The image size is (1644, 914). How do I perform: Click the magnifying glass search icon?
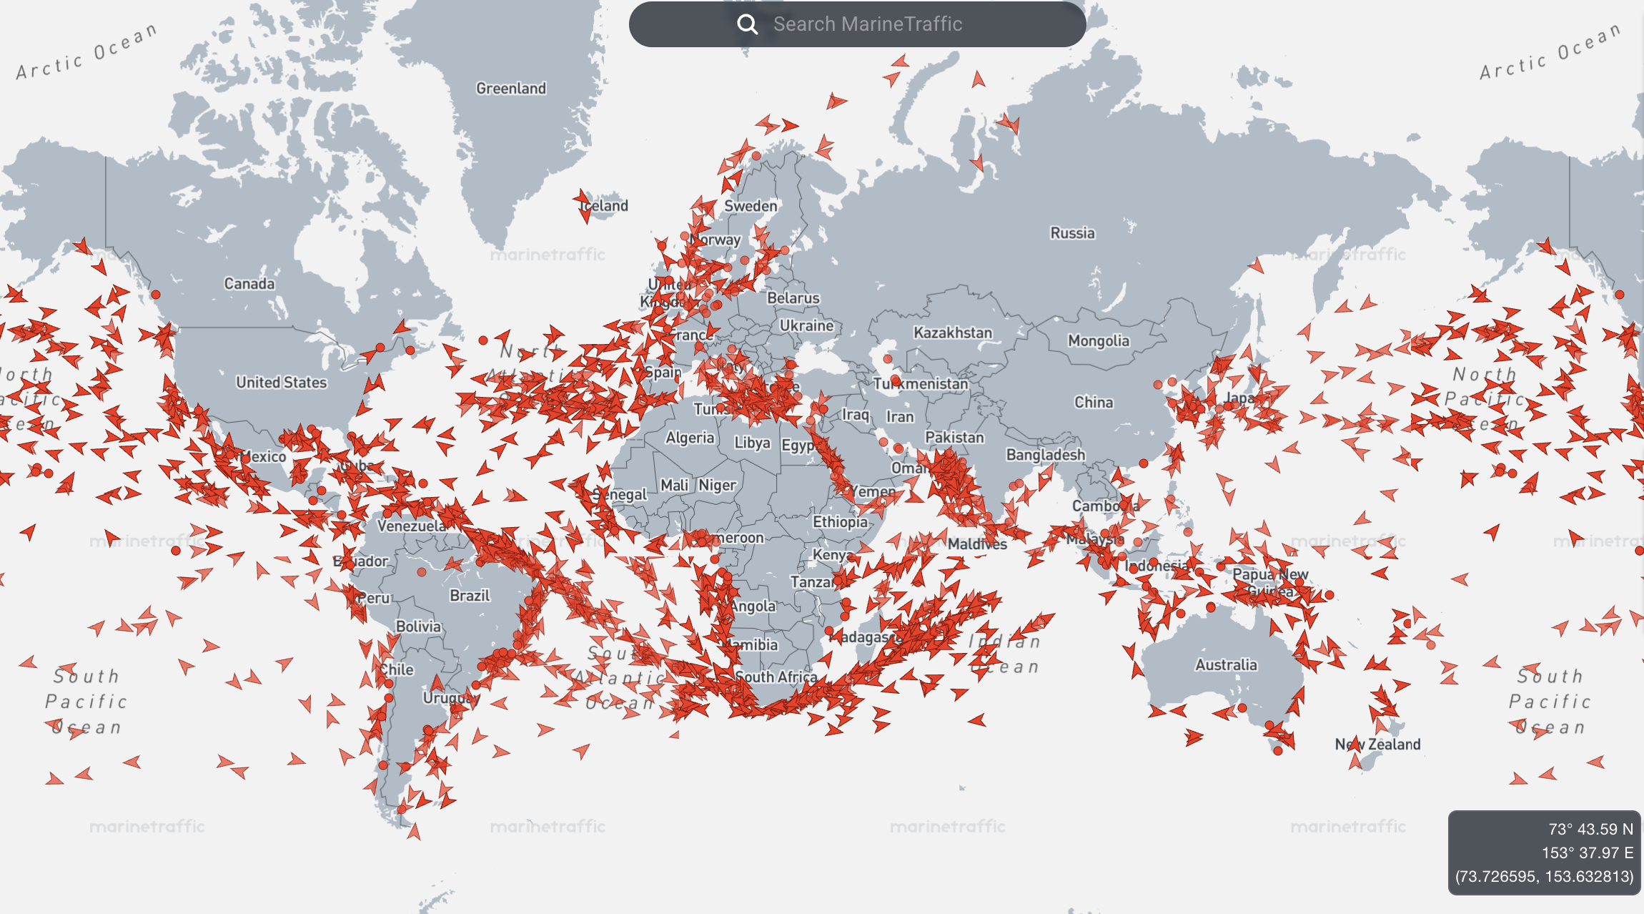tap(747, 24)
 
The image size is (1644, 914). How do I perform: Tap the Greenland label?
tap(511, 88)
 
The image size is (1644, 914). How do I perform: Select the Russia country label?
tap(1072, 232)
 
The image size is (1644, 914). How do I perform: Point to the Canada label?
tap(249, 283)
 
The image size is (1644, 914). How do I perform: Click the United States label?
tap(282, 382)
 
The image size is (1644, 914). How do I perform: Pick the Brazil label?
tap(470, 595)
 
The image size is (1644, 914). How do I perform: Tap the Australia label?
tap(1226, 664)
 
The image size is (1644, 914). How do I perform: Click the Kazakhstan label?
tap(953, 333)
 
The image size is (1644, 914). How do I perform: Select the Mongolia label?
tap(1099, 340)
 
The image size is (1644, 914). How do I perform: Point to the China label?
tap(1094, 402)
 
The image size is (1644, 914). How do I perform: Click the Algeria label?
tap(690, 438)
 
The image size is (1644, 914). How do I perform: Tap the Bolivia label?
tap(419, 626)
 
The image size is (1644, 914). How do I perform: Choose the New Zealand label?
tap(1377, 744)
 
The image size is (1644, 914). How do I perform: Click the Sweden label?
tap(751, 206)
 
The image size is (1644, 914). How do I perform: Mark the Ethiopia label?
tap(840, 522)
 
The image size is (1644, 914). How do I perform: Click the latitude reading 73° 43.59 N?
tap(1590, 829)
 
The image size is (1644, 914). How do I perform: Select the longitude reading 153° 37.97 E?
tap(1587, 852)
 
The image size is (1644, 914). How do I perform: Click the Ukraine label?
tap(806, 325)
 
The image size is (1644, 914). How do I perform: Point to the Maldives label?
tap(977, 544)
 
